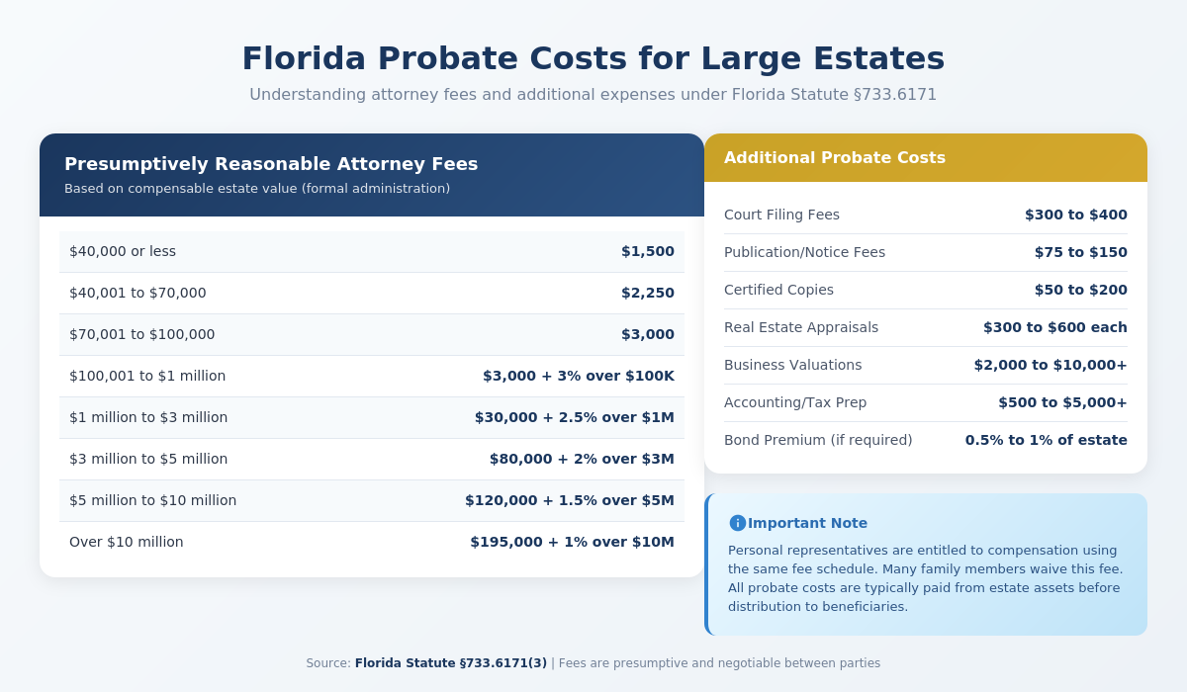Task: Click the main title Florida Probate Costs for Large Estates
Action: pos(593,58)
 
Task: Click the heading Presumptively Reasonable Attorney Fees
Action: pos(271,164)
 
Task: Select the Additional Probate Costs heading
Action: pos(834,157)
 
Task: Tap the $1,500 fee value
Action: pos(647,251)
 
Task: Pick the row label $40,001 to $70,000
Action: pos(137,293)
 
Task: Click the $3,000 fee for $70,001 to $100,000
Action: pos(647,334)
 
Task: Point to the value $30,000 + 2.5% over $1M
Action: pos(574,417)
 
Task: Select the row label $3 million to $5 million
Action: pos(148,459)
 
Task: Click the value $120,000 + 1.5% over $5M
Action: pos(569,500)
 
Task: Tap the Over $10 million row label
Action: pos(126,542)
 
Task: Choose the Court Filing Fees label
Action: pos(781,215)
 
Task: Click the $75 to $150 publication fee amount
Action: pos(1080,252)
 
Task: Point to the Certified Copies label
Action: pos(778,290)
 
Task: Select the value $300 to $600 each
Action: pos(1054,327)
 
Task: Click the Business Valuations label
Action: pos(792,365)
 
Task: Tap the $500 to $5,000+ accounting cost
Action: pos(1062,402)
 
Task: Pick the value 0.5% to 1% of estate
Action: pos(1046,440)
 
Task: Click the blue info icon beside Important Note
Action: pos(737,523)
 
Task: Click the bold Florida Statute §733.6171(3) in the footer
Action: pos(450,663)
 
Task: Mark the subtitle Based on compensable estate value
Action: pos(257,189)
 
